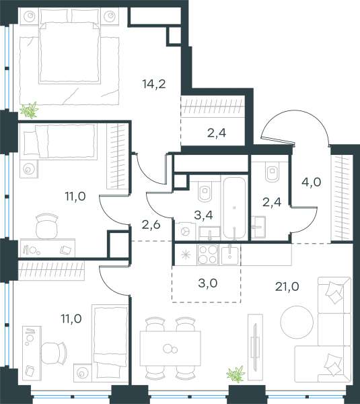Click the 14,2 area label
point(154,84)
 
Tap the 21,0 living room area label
point(287,287)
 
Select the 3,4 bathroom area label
point(203,215)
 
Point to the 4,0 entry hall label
point(311,182)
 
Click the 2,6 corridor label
point(151,225)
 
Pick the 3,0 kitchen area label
point(208,283)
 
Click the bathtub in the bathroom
point(234,207)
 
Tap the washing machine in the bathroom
point(184,232)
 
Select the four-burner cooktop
point(207,255)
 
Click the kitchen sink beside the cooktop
point(229,255)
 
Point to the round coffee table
point(297,322)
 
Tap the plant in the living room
point(236,374)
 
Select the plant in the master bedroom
point(30,110)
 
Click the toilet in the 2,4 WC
point(273,172)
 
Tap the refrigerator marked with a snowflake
point(186,255)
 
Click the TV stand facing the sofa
point(255,347)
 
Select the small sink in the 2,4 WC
point(258,227)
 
